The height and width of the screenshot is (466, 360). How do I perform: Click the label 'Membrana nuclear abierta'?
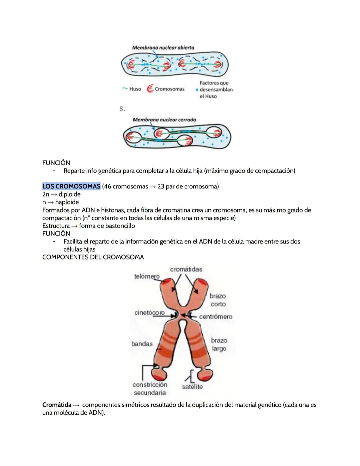point(163,48)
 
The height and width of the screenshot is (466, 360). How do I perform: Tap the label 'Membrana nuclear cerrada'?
point(164,120)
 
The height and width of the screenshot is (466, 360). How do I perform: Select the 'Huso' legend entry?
point(135,89)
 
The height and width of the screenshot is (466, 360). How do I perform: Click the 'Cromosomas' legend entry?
point(169,89)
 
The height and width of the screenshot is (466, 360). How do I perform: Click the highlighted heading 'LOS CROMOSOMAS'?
point(71,186)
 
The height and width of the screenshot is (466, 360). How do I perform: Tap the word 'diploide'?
point(70,194)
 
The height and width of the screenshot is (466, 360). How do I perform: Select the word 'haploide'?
point(67,202)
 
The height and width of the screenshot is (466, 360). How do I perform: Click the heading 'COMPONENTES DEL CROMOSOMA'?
point(93,257)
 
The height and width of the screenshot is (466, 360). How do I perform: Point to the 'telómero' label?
point(147,277)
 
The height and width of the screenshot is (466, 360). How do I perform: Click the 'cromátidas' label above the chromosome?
point(186,269)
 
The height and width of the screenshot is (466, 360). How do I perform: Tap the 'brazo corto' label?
point(218,300)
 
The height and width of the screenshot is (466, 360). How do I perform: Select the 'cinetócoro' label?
point(149,313)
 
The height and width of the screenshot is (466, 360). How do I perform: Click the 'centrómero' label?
point(216,317)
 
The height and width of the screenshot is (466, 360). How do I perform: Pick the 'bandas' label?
point(142,344)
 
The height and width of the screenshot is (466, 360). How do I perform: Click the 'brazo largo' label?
point(219,344)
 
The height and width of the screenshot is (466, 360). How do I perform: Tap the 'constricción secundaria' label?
point(150,389)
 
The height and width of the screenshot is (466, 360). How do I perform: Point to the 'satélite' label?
point(192,387)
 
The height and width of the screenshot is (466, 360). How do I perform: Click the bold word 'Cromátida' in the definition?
point(57,405)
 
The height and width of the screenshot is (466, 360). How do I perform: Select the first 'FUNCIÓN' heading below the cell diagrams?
point(56,163)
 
